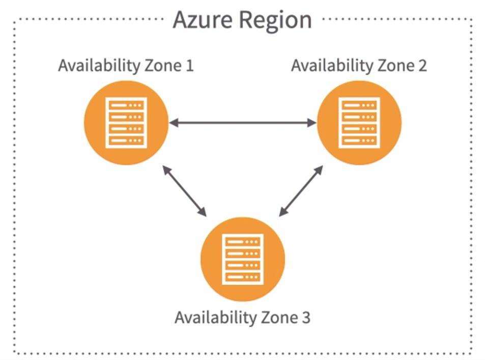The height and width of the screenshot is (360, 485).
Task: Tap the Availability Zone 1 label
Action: click(x=126, y=66)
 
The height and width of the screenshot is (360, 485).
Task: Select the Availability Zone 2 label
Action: click(x=359, y=66)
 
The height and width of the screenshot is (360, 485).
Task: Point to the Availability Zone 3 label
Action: click(x=242, y=318)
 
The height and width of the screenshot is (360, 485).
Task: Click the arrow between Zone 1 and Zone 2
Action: click(x=243, y=123)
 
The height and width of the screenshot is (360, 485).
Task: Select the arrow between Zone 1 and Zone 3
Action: click(x=184, y=191)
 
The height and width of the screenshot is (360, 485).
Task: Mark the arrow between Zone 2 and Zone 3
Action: click(x=301, y=191)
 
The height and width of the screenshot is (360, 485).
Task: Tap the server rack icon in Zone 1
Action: click(x=126, y=123)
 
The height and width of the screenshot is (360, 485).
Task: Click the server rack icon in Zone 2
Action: click(x=359, y=123)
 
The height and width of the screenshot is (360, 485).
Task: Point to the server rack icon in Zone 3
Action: click(x=243, y=259)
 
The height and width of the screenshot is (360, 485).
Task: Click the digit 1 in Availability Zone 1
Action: click(x=189, y=66)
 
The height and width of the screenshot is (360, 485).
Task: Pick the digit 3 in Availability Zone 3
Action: click(x=305, y=318)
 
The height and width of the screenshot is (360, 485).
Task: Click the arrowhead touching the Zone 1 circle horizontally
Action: click(x=174, y=123)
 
